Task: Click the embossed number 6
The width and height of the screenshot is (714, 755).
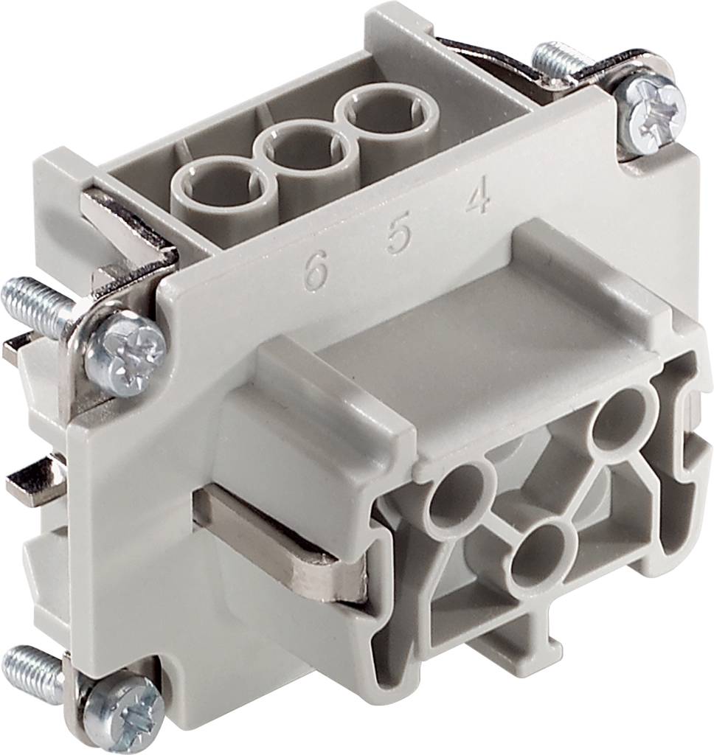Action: [315, 274]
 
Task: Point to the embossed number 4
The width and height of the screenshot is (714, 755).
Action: [478, 198]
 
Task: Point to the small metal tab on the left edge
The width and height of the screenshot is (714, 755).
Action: [34, 482]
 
